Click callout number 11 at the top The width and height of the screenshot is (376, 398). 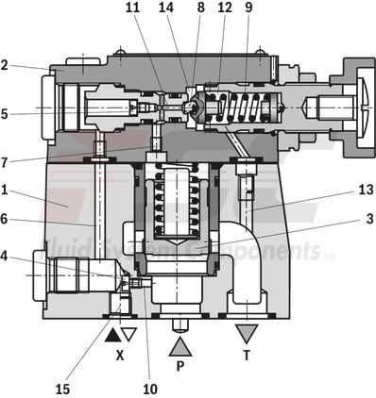click(132, 8)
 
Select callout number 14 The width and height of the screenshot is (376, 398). click(166, 8)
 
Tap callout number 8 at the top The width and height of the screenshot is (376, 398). click(199, 8)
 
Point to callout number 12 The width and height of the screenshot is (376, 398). click(224, 8)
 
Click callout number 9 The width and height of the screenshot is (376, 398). click(248, 8)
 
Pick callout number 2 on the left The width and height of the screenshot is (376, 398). click(5, 65)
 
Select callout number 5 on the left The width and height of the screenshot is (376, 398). click(5, 114)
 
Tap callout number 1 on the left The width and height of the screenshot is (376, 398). click(5, 189)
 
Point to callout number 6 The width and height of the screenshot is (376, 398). click(5, 219)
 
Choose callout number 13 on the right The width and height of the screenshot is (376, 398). click(366, 191)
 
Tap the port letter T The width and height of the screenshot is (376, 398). click(248, 357)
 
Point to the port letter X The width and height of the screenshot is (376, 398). click(120, 357)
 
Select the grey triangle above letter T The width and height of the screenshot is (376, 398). click(248, 333)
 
